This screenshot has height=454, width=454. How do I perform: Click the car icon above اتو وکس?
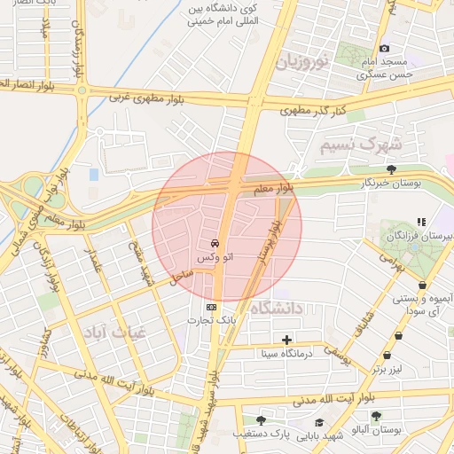point(215,242)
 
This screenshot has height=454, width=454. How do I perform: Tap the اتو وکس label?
point(215,256)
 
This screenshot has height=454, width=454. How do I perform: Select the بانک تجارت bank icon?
point(211,307)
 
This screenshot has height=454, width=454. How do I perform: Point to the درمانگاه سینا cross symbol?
point(286,340)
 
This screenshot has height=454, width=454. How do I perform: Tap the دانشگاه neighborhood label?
point(277,308)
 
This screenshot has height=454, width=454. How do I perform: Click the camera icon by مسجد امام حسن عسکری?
point(384,48)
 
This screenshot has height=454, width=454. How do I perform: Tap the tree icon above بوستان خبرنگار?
point(391,168)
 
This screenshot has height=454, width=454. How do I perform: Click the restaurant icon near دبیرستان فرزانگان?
point(421,221)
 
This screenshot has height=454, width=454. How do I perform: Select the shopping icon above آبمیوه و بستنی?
point(422,285)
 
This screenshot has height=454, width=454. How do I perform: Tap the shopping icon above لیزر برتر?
point(398,336)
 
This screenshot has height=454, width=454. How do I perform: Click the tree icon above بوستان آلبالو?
point(376,415)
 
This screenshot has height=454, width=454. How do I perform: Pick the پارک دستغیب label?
point(262,434)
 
